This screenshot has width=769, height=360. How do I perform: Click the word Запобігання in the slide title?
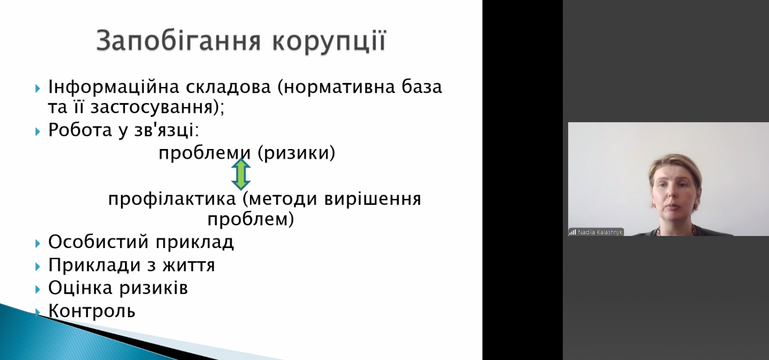(179, 41)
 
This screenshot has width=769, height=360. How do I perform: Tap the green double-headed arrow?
(241, 174)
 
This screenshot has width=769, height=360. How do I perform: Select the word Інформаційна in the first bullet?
(113, 87)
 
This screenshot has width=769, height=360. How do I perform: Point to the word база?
(422, 87)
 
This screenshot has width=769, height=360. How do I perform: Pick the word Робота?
(80, 130)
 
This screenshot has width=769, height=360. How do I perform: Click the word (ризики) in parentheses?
(296, 153)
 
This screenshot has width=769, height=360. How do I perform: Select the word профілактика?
(172, 199)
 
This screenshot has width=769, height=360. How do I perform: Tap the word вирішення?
(372, 199)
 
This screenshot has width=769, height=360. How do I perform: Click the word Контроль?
(92, 311)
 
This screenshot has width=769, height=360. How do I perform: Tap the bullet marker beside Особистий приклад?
(38, 243)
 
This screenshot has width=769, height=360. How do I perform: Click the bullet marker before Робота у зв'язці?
(38, 131)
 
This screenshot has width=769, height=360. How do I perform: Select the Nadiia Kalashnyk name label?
(600, 232)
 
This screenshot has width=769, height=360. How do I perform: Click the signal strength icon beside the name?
(572, 232)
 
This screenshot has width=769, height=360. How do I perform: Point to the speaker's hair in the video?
(675, 166)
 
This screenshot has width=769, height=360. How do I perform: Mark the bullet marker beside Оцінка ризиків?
(38, 289)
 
